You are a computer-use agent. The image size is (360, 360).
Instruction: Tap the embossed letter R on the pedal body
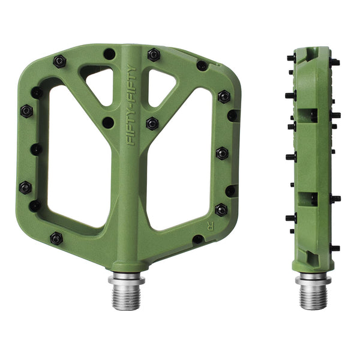click(210, 227)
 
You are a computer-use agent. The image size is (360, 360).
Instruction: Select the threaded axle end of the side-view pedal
click(313, 296)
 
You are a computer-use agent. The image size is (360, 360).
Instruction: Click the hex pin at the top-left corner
click(59, 61)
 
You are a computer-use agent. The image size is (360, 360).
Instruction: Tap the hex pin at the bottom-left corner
click(56, 238)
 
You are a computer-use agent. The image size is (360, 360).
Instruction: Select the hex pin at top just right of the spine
click(154, 55)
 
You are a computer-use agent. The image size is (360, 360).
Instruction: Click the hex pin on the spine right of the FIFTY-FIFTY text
click(152, 123)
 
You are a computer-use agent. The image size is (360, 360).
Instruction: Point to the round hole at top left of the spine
click(109, 54)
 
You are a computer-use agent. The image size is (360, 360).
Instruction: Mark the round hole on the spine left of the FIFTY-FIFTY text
click(108, 122)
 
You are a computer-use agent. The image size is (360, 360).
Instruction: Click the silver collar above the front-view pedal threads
click(126, 278)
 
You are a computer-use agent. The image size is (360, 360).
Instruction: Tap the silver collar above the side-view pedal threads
click(313, 279)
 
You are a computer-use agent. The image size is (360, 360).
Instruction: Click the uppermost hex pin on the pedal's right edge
click(224, 97)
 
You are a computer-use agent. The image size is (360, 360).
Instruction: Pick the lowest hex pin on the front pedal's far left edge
click(25, 187)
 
